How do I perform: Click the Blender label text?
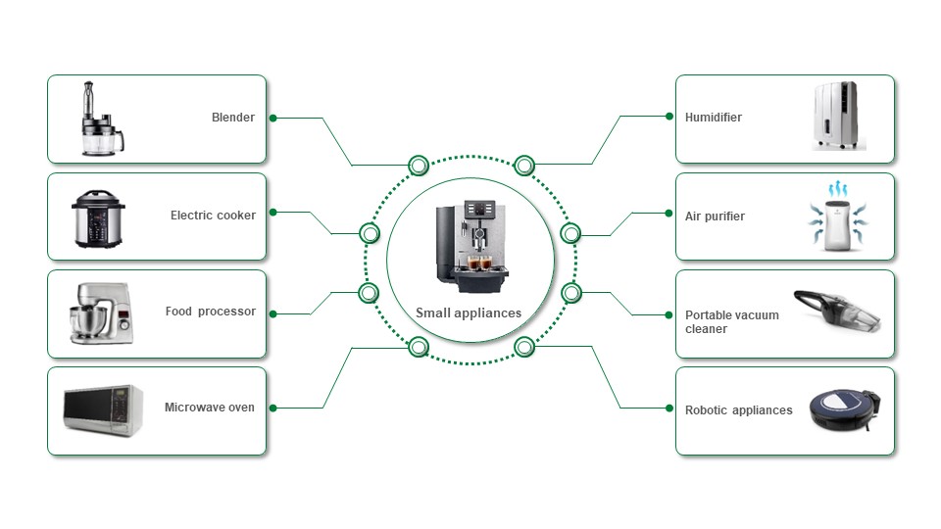(233, 118)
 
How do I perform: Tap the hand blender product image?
(101, 120)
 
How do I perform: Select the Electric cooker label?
(213, 216)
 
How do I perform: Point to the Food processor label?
(210, 312)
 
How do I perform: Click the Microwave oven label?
(209, 408)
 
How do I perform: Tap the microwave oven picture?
(102, 409)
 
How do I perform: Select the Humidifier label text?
(714, 118)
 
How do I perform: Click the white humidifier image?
(839, 118)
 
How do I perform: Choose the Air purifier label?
(715, 216)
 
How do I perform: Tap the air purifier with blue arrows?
(837, 217)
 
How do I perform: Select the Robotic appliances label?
(739, 410)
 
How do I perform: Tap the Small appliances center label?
(469, 313)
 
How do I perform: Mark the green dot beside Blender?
(273, 118)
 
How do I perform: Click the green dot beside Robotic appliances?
(669, 410)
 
